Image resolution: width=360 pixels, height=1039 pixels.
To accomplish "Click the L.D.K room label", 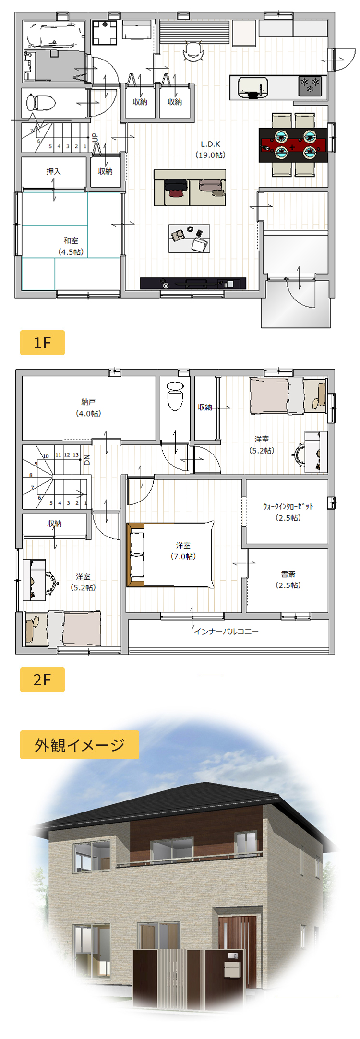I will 210,149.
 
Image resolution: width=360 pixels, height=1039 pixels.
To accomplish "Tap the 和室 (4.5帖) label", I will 71,246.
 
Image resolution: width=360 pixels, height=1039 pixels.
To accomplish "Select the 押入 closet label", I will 53,171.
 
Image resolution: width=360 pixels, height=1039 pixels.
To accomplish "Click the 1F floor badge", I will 42,343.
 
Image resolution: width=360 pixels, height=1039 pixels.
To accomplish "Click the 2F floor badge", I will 42,680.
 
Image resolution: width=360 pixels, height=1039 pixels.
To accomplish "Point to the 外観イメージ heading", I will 79,744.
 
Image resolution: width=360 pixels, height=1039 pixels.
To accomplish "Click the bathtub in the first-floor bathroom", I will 54,35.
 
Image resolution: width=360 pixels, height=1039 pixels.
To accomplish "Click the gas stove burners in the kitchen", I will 310,85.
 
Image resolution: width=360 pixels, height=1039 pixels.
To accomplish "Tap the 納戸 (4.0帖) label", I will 88,407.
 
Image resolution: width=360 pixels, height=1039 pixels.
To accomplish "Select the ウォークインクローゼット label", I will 288,512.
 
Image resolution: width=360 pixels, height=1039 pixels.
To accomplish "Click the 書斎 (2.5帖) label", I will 288,579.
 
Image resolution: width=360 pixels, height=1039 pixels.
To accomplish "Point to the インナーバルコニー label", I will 226,631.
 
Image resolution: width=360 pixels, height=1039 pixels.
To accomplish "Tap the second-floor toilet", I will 175,396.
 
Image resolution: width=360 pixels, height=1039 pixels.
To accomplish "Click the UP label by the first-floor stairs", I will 95,138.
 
